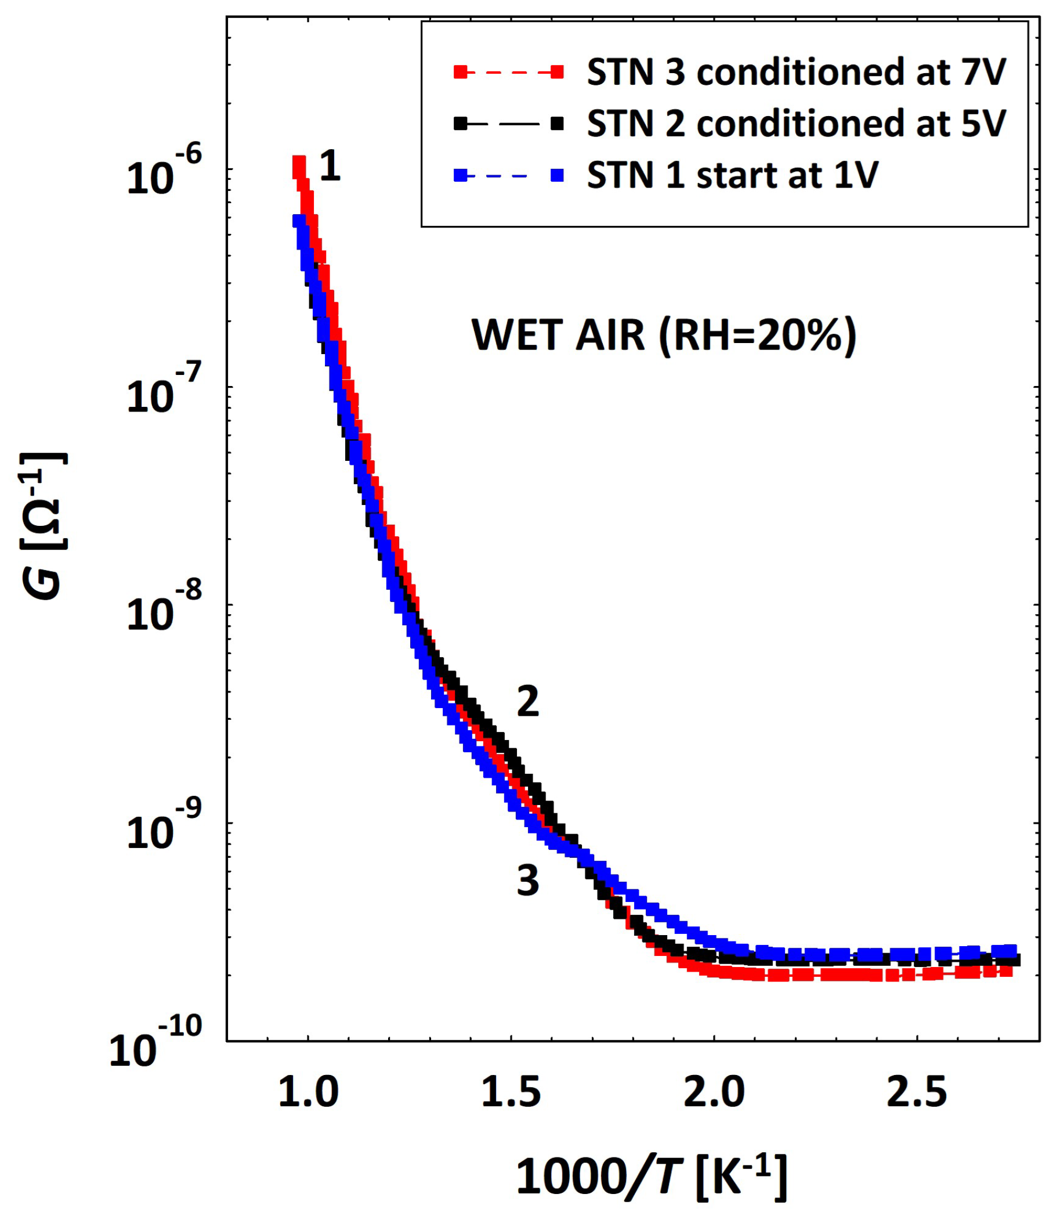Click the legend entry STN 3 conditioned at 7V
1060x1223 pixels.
click(795, 73)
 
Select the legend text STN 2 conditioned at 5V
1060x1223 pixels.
click(795, 124)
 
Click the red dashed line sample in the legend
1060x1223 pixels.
click(509, 73)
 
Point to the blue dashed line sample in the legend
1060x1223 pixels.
click(509, 176)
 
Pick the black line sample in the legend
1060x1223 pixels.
click(509, 124)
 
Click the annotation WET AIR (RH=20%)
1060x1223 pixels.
click(664, 335)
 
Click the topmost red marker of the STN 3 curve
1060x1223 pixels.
click(299, 163)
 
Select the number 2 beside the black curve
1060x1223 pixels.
click(527, 702)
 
